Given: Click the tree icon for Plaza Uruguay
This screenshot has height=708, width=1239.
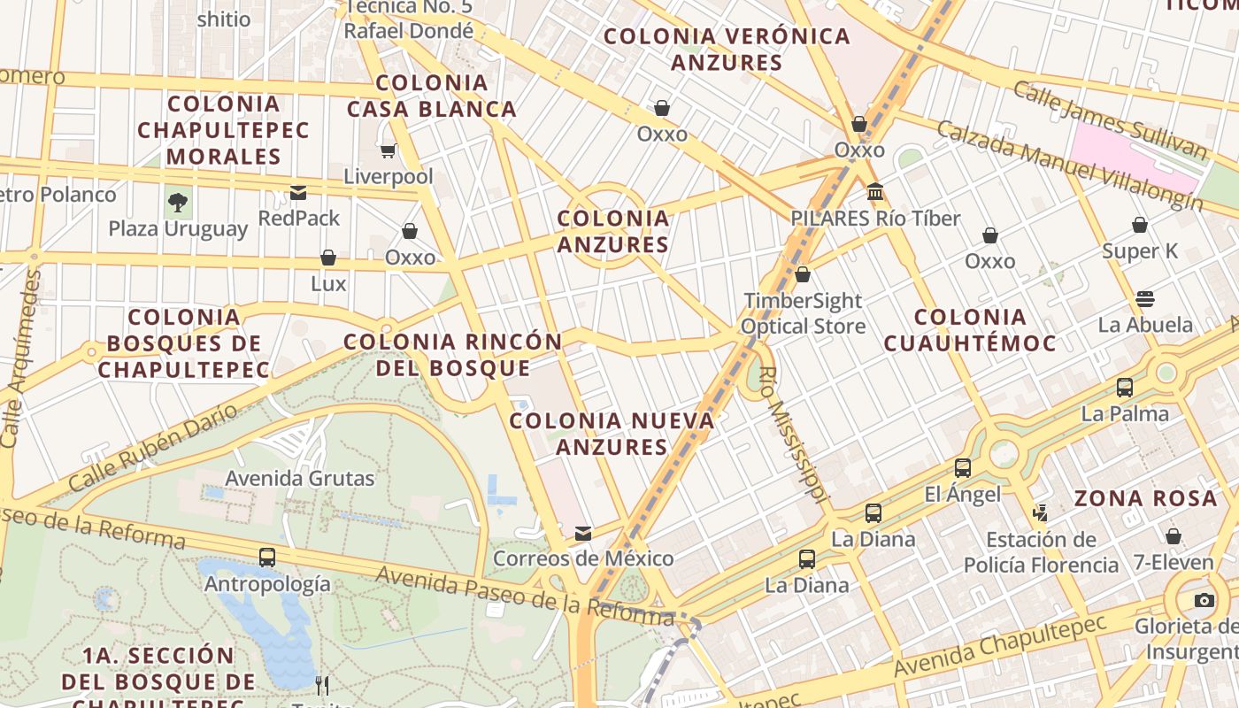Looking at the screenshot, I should pos(178,202).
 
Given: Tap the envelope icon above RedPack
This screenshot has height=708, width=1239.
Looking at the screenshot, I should pos(298,192).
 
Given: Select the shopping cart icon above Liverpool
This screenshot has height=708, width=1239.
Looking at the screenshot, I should pos(388,150).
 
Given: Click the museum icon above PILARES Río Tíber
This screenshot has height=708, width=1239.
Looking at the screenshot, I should pos(875,192).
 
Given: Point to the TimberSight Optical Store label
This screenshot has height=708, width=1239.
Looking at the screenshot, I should pos(803,313).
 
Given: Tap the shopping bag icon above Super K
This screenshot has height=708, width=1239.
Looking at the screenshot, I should pos(1140,225).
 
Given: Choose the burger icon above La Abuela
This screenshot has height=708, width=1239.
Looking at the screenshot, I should pos(1145,298).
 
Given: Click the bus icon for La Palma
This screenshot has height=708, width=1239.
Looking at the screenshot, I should pos(1124,388).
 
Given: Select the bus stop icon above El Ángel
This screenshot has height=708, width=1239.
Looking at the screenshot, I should pos(962,468).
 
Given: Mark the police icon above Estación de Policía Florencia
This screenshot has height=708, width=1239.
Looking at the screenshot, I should pos(1040,512).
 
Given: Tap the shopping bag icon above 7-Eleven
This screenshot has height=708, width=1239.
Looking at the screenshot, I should pos(1174,536).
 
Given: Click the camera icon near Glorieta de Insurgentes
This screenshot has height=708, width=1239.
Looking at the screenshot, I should pos(1204,601).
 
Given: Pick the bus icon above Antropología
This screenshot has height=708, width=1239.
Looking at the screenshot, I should pos(267,558).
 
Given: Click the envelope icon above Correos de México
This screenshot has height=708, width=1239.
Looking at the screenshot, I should pos(583,534).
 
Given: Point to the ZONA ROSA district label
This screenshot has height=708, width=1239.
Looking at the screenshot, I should pos(1146,498).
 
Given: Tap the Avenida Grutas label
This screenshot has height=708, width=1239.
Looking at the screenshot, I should pos(300,479).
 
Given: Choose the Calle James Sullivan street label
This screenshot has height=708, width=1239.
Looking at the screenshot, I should pos(1110,120).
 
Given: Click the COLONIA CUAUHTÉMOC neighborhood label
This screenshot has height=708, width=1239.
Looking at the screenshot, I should pos(970,330).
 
